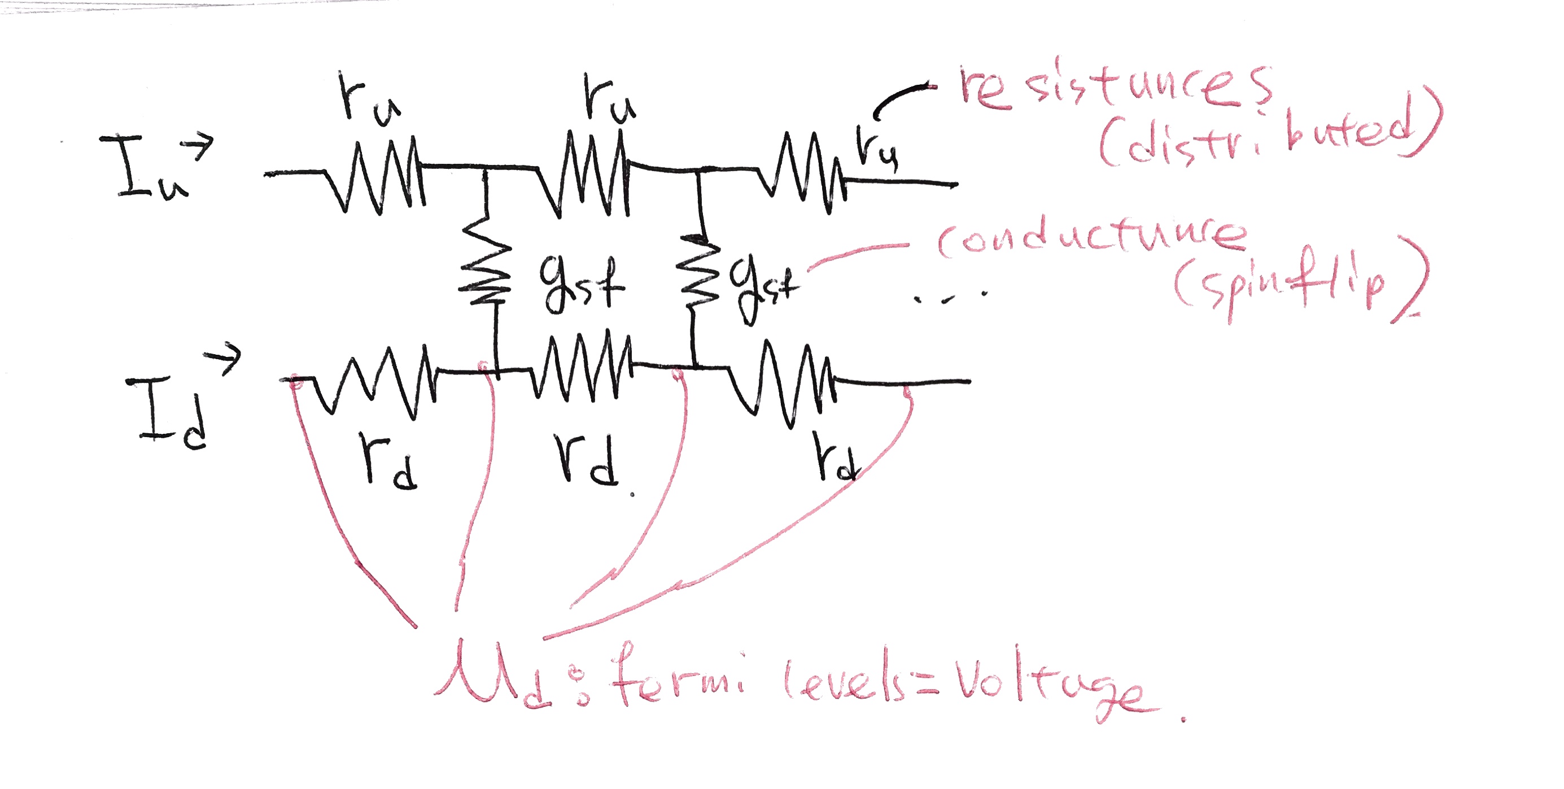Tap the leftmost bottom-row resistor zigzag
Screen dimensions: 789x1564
[x=377, y=383]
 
